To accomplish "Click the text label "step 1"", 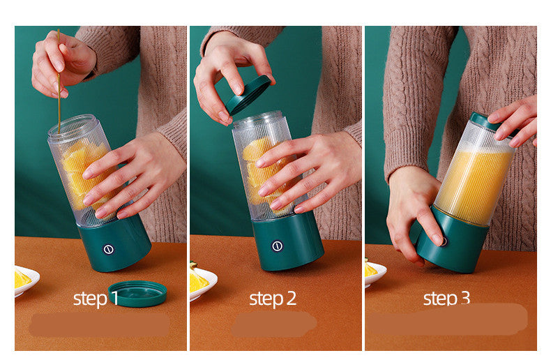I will [96, 299].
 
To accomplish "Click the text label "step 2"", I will [273, 299].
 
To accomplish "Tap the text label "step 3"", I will [446, 299].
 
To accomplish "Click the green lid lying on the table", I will [137, 293].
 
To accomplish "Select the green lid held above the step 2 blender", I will [248, 94].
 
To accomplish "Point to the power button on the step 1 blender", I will [109, 249].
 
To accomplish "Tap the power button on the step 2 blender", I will [277, 246].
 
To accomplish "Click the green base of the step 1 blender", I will [119, 244].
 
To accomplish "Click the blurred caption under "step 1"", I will [99, 325].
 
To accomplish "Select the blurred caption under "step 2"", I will [273, 324].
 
